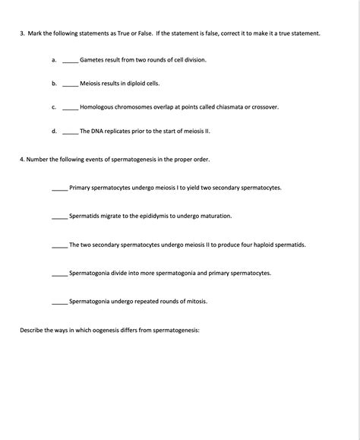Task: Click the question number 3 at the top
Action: [22, 34]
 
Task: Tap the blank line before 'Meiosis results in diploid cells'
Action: [70, 84]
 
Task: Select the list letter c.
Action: [54, 107]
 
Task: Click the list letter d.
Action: [54, 131]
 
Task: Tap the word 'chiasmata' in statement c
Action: [212, 107]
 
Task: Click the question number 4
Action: [22, 160]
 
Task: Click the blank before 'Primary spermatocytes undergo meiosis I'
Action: [60, 188]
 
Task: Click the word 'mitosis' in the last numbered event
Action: [196, 302]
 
